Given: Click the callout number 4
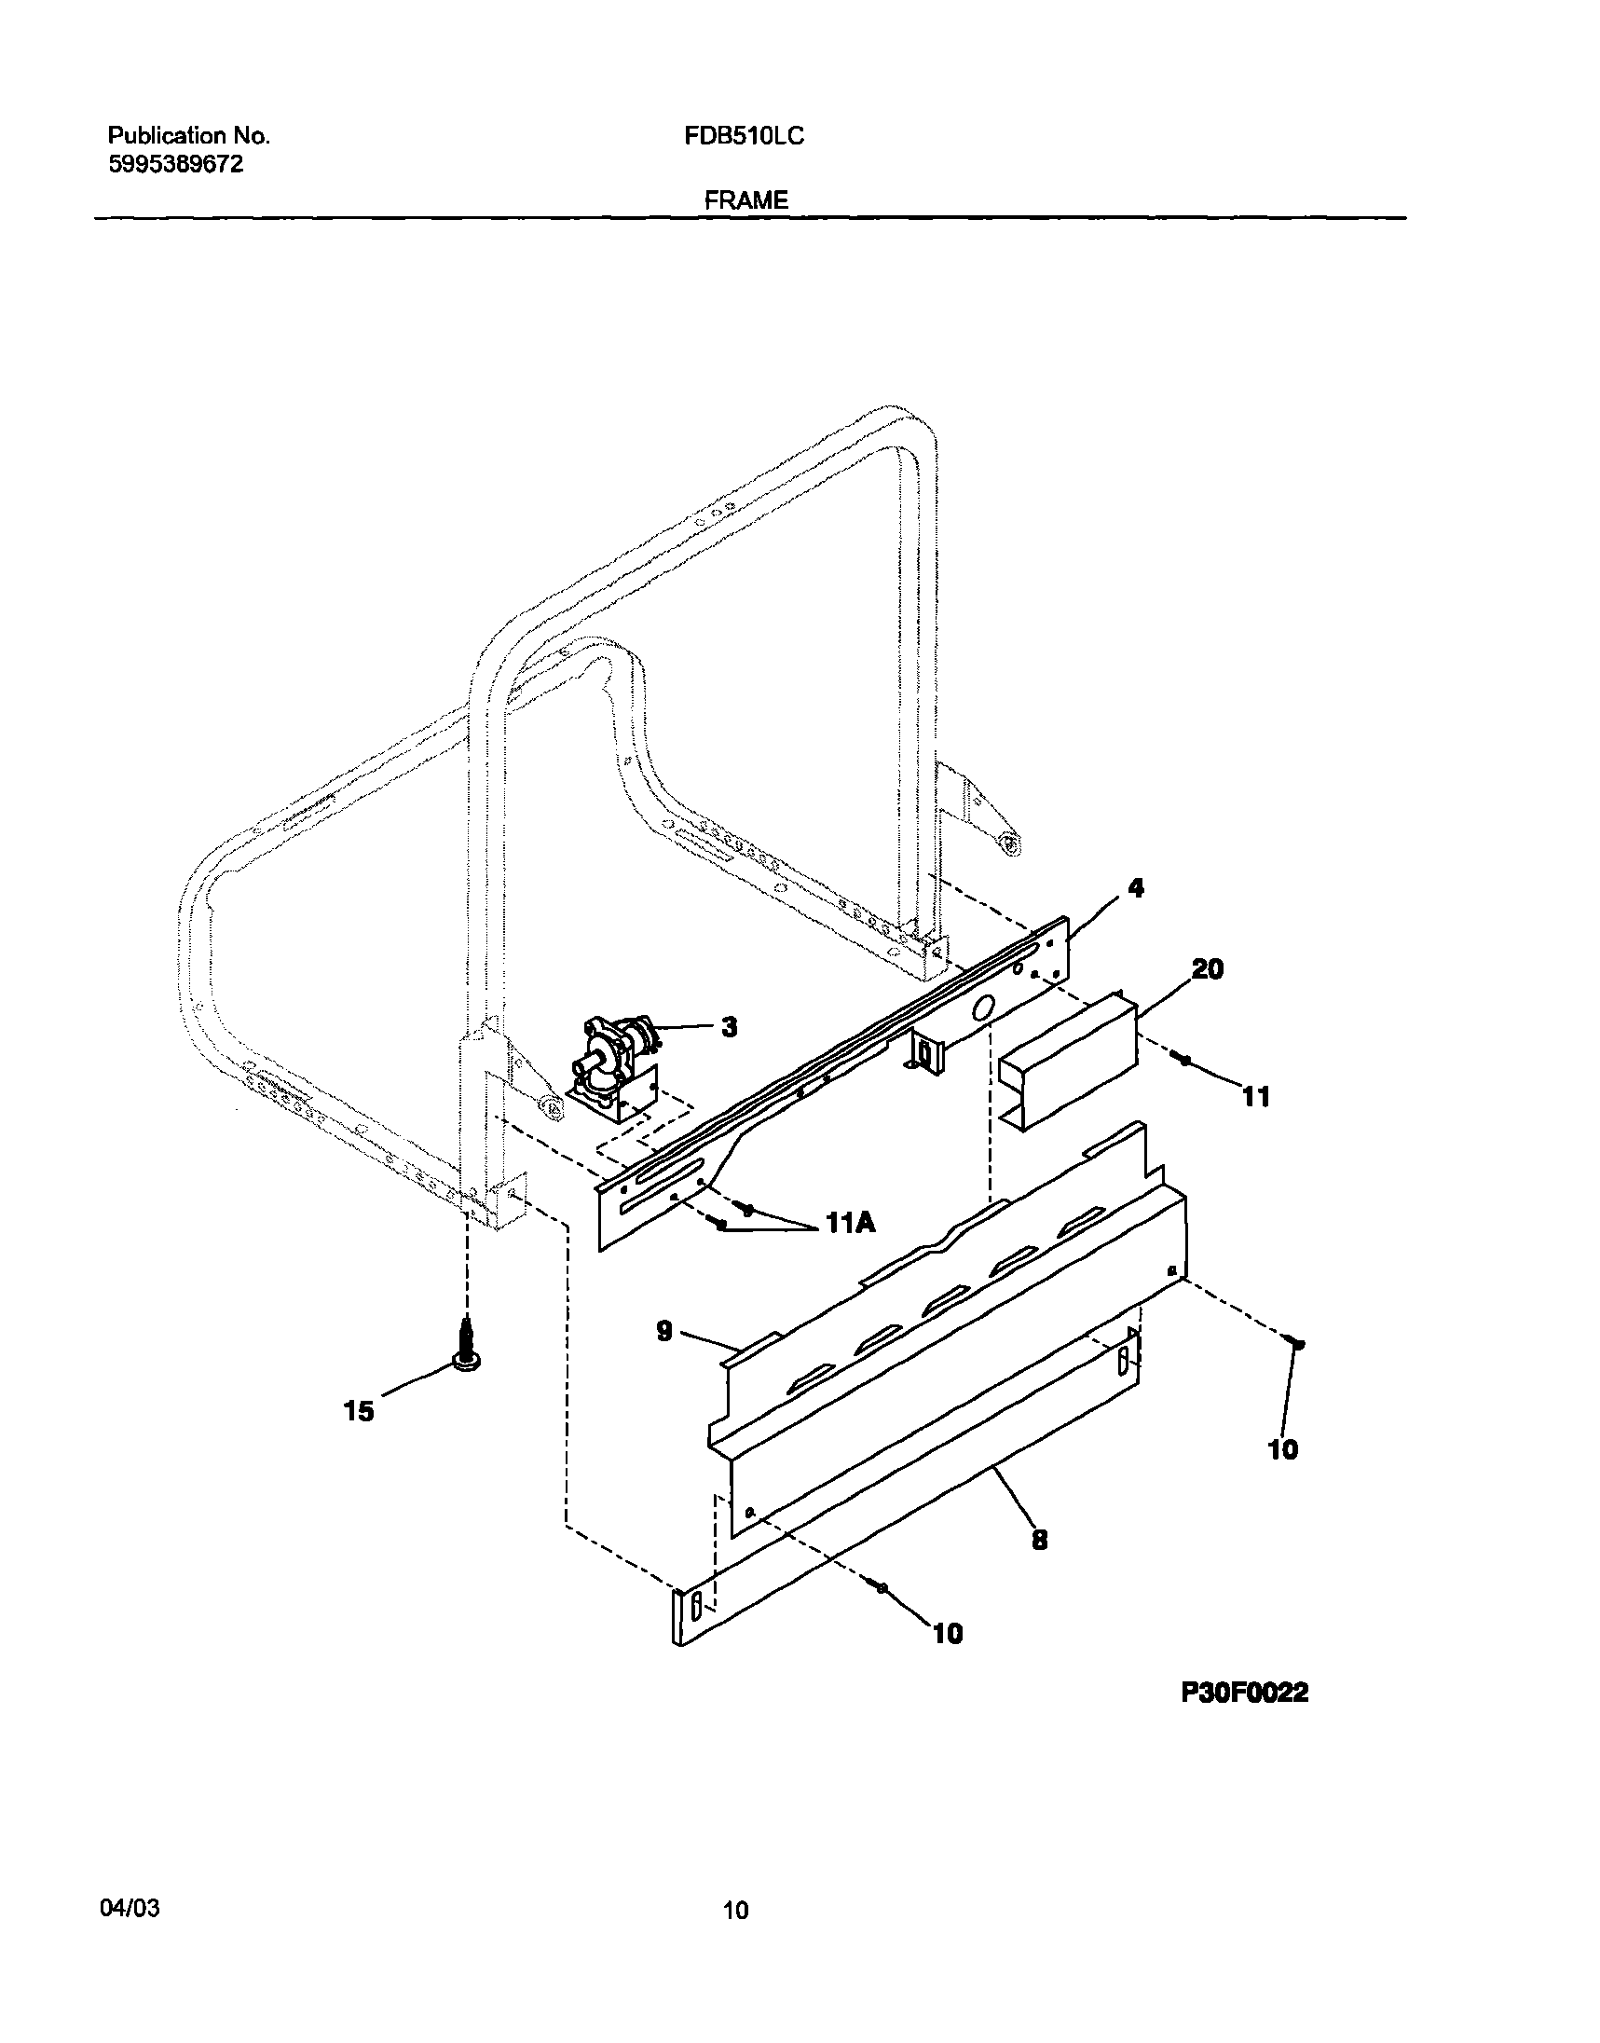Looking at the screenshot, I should [1135, 887].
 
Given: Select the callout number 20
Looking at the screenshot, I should [1207, 969].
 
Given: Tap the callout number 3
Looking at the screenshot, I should [729, 1028].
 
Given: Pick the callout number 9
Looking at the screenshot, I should [664, 1331].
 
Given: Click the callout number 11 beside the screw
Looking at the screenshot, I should [1255, 1096].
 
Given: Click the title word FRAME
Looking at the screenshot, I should [745, 200].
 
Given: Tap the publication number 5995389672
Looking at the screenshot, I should [176, 164].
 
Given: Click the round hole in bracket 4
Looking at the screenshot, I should [982, 1008].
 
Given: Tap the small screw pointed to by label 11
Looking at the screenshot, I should [1183, 1060].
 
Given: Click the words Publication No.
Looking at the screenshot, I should [189, 137].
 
